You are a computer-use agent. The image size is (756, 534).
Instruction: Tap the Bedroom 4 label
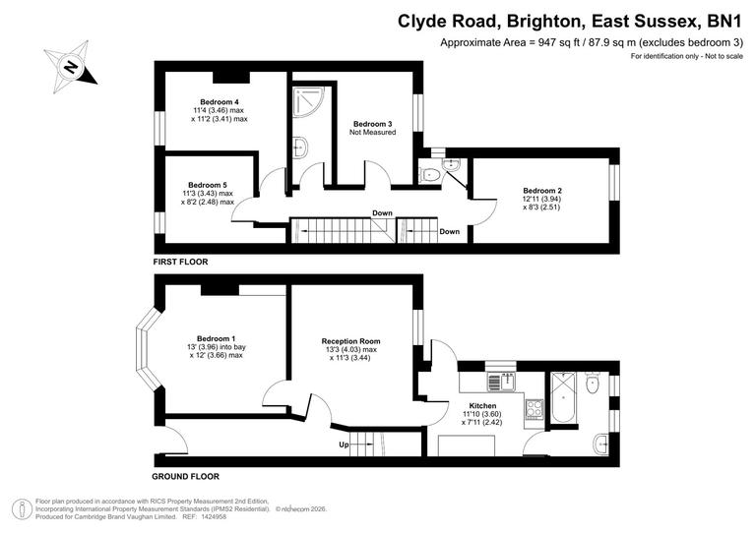coord(220,102)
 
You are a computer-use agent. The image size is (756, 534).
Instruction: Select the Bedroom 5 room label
coord(208,185)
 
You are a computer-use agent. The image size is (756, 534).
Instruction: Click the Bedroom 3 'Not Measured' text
coord(372,133)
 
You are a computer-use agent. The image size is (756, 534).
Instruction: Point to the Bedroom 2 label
coord(542,190)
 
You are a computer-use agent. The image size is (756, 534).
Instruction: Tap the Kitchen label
coord(482,406)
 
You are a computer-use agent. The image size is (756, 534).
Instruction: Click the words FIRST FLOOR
coord(180,263)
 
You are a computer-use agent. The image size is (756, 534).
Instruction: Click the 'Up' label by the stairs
coord(344,445)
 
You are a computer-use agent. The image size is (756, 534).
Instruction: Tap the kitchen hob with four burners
coord(535,406)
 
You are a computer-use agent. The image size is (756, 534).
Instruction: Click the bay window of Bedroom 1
coord(146,351)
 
